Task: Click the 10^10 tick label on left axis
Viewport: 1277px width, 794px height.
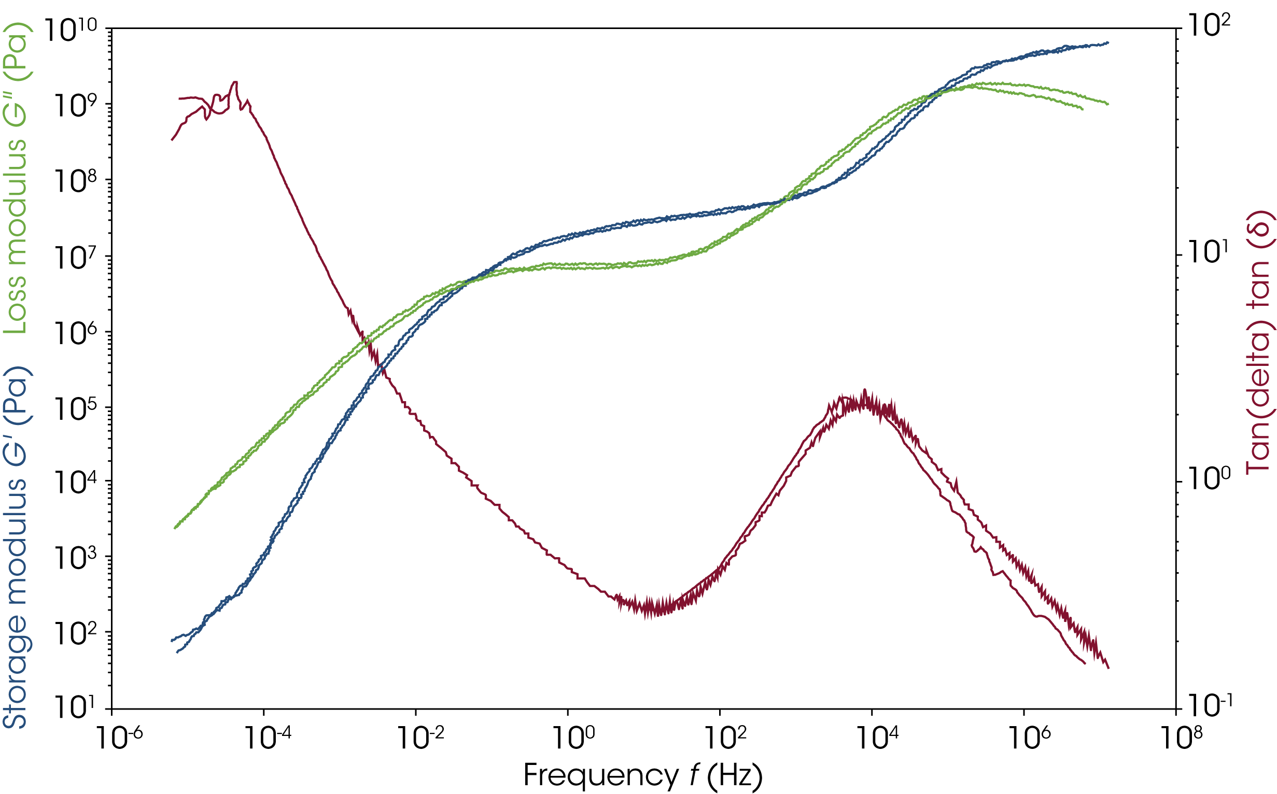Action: click(71, 30)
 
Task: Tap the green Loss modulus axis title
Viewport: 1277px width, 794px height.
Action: click(16, 178)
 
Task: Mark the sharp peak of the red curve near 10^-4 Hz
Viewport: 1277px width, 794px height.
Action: click(235, 82)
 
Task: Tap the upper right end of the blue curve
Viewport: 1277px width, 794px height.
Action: click(1107, 42)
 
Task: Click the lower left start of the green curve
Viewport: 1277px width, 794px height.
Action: click(175, 528)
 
